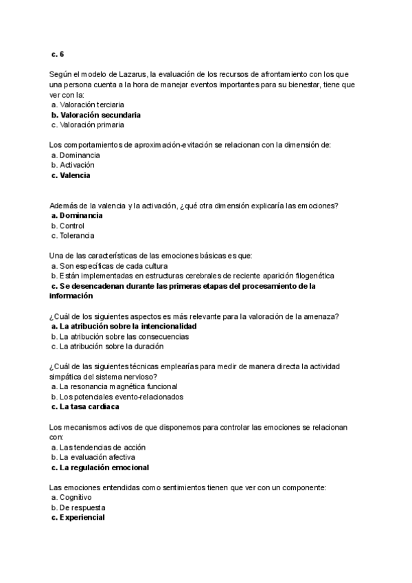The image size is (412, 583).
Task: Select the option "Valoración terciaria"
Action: [91, 104]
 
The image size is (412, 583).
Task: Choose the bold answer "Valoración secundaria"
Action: [100, 115]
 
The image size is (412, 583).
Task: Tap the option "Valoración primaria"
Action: [92, 125]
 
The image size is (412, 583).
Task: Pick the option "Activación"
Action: [77, 165]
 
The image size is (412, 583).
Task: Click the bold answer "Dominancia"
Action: [81, 215]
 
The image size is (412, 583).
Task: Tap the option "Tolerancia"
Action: [77, 236]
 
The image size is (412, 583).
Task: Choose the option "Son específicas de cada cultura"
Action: [113, 265]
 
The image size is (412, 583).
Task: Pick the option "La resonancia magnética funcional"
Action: [120, 386]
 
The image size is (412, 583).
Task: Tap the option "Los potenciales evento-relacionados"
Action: [122, 397]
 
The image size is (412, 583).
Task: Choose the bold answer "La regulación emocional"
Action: [104, 467]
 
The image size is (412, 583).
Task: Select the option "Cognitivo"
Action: [76, 497]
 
